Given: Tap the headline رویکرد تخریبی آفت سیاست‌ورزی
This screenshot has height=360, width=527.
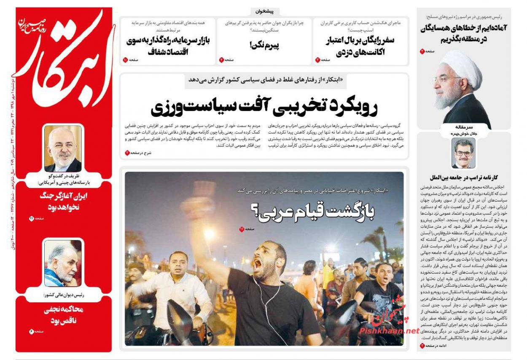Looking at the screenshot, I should tap(264, 107).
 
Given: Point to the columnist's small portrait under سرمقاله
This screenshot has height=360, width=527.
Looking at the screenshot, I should tap(463, 153).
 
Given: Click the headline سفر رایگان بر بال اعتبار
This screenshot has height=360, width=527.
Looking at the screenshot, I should tap(360, 41).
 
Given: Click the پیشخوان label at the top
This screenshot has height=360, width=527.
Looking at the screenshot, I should tap(264, 11).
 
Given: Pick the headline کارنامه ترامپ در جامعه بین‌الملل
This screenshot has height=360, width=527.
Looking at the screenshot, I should tap(463, 177).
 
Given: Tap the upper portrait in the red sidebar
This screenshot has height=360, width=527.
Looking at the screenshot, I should tap(63, 148).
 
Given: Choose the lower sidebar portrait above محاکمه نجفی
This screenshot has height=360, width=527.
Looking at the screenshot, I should tap(63, 263).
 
